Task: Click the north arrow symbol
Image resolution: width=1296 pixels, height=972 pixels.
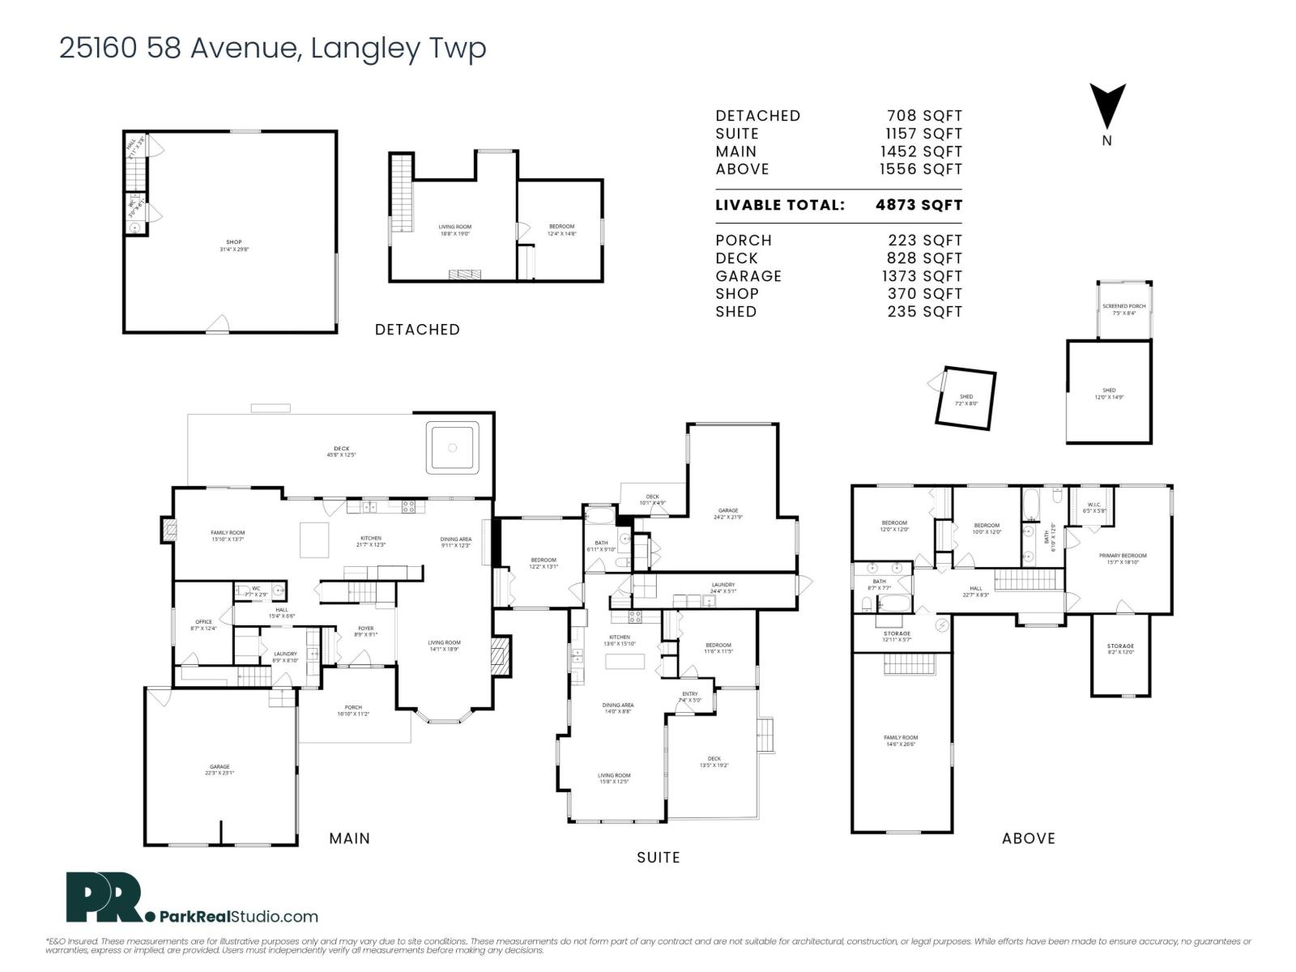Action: point(1107,105)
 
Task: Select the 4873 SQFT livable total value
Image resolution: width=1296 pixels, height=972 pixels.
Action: point(919,205)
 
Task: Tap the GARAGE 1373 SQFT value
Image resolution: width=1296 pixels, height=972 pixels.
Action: point(924,276)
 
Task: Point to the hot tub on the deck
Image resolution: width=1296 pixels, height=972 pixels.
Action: point(453,446)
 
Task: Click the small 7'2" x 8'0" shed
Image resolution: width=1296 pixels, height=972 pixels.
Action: point(966,399)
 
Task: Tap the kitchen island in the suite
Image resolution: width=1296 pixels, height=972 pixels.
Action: point(625,662)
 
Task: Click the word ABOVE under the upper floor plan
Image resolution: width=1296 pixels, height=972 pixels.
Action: point(1029,838)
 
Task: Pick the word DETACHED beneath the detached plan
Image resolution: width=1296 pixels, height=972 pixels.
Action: point(417,330)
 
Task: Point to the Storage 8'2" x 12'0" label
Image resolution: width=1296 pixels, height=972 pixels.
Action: point(1120,649)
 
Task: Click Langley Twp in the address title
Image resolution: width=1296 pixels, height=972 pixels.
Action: point(399,48)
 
